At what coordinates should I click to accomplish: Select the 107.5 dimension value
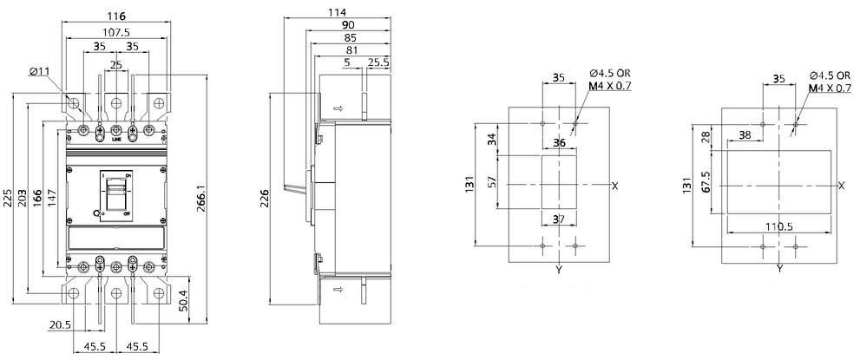(x=115, y=32)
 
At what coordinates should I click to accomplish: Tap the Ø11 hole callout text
(x=41, y=71)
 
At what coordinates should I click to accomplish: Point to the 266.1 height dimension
(x=201, y=199)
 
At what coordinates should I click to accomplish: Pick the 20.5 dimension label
(x=60, y=324)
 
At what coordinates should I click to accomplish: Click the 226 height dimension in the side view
(x=266, y=199)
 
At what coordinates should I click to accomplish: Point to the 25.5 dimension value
(x=378, y=62)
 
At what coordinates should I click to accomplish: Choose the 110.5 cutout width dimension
(x=778, y=226)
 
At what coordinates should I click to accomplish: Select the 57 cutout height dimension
(x=492, y=181)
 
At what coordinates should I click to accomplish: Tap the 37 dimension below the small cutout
(x=558, y=219)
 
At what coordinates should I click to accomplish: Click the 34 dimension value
(x=492, y=139)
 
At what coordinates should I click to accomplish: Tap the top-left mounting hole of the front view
(x=74, y=102)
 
